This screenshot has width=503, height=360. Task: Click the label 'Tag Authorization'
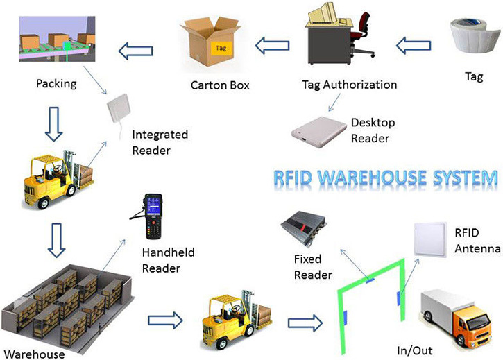coord(350,85)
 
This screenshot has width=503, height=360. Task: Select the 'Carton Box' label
coord(219,86)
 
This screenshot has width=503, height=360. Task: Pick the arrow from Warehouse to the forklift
coord(165,319)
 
